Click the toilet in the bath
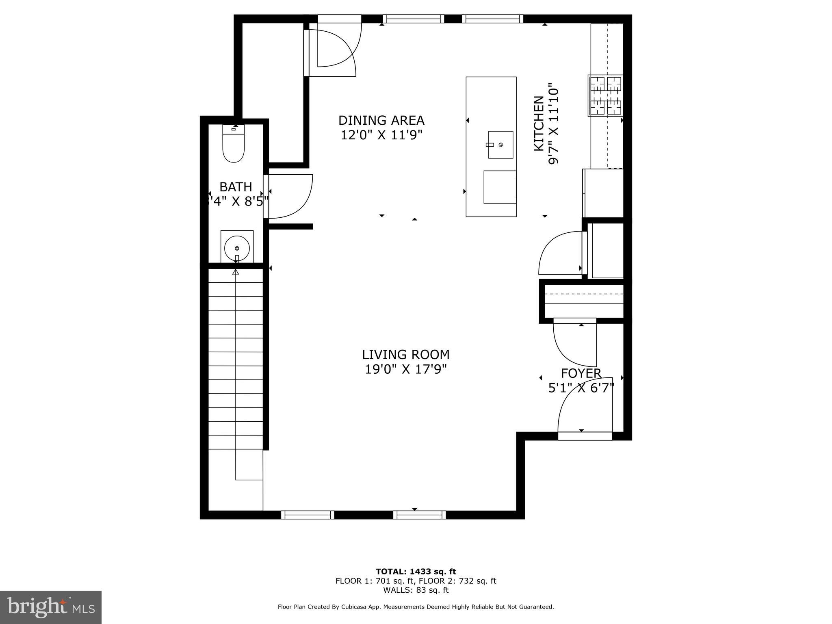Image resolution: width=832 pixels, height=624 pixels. pyautogui.click(x=234, y=144)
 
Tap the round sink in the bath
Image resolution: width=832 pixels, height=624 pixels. pyautogui.click(x=237, y=248)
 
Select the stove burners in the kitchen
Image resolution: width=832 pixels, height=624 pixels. pyautogui.click(x=606, y=96)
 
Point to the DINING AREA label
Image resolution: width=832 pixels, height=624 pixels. pyautogui.click(x=381, y=120)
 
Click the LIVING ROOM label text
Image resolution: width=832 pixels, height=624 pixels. pyautogui.click(x=405, y=355)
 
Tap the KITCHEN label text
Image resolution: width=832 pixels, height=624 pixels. pyautogui.click(x=539, y=123)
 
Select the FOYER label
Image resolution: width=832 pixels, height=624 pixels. pyautogui.click(x=581, y=373)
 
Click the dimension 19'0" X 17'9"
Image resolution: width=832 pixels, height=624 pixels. pyautogui.click(x=405, y=369)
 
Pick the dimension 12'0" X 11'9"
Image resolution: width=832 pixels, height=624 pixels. pyautogui.click(x=381, y=135)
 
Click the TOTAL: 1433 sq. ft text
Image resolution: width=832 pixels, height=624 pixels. pyautogui.click(x=416, y=572)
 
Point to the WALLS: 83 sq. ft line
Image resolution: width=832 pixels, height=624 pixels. pyautogui.click(x=416, y=590)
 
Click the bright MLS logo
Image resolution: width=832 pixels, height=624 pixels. pyautogui.click(x=51, y=607)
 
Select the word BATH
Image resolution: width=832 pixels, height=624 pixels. pyautogui.click(x=236, y=187)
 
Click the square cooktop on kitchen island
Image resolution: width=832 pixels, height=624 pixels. pyautogui.click(x=500, y=187)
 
